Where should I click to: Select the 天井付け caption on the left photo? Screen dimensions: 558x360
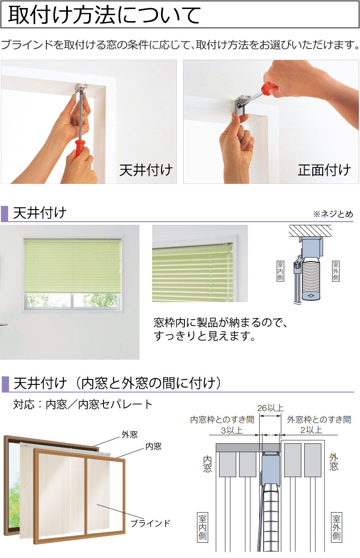[146, 170]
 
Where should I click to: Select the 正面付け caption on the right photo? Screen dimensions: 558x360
[324, 170]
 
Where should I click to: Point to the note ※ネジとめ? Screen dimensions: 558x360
[333, 214]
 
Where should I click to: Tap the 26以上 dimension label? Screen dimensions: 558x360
[270, 408]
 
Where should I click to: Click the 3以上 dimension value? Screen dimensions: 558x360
[232, 430]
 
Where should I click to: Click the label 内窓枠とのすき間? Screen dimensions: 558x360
[222, 420]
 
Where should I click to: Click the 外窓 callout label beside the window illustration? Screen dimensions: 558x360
[129, 434]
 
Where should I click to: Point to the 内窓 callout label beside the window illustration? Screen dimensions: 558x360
[153, 446]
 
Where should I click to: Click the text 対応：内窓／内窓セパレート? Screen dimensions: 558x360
[83, 404]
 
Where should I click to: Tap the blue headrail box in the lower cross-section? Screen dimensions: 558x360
[271, 470]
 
